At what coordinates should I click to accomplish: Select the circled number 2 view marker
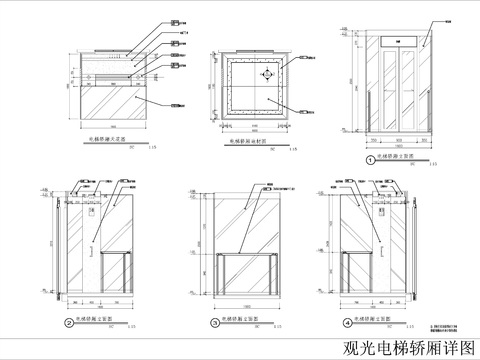pos(68,323)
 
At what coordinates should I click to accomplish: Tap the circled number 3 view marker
pos(214,323)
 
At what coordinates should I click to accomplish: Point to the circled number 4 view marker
pos(347,323)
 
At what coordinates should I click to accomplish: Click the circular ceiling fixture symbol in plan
pos(266,75)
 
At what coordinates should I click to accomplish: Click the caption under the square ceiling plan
pos(245,143)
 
